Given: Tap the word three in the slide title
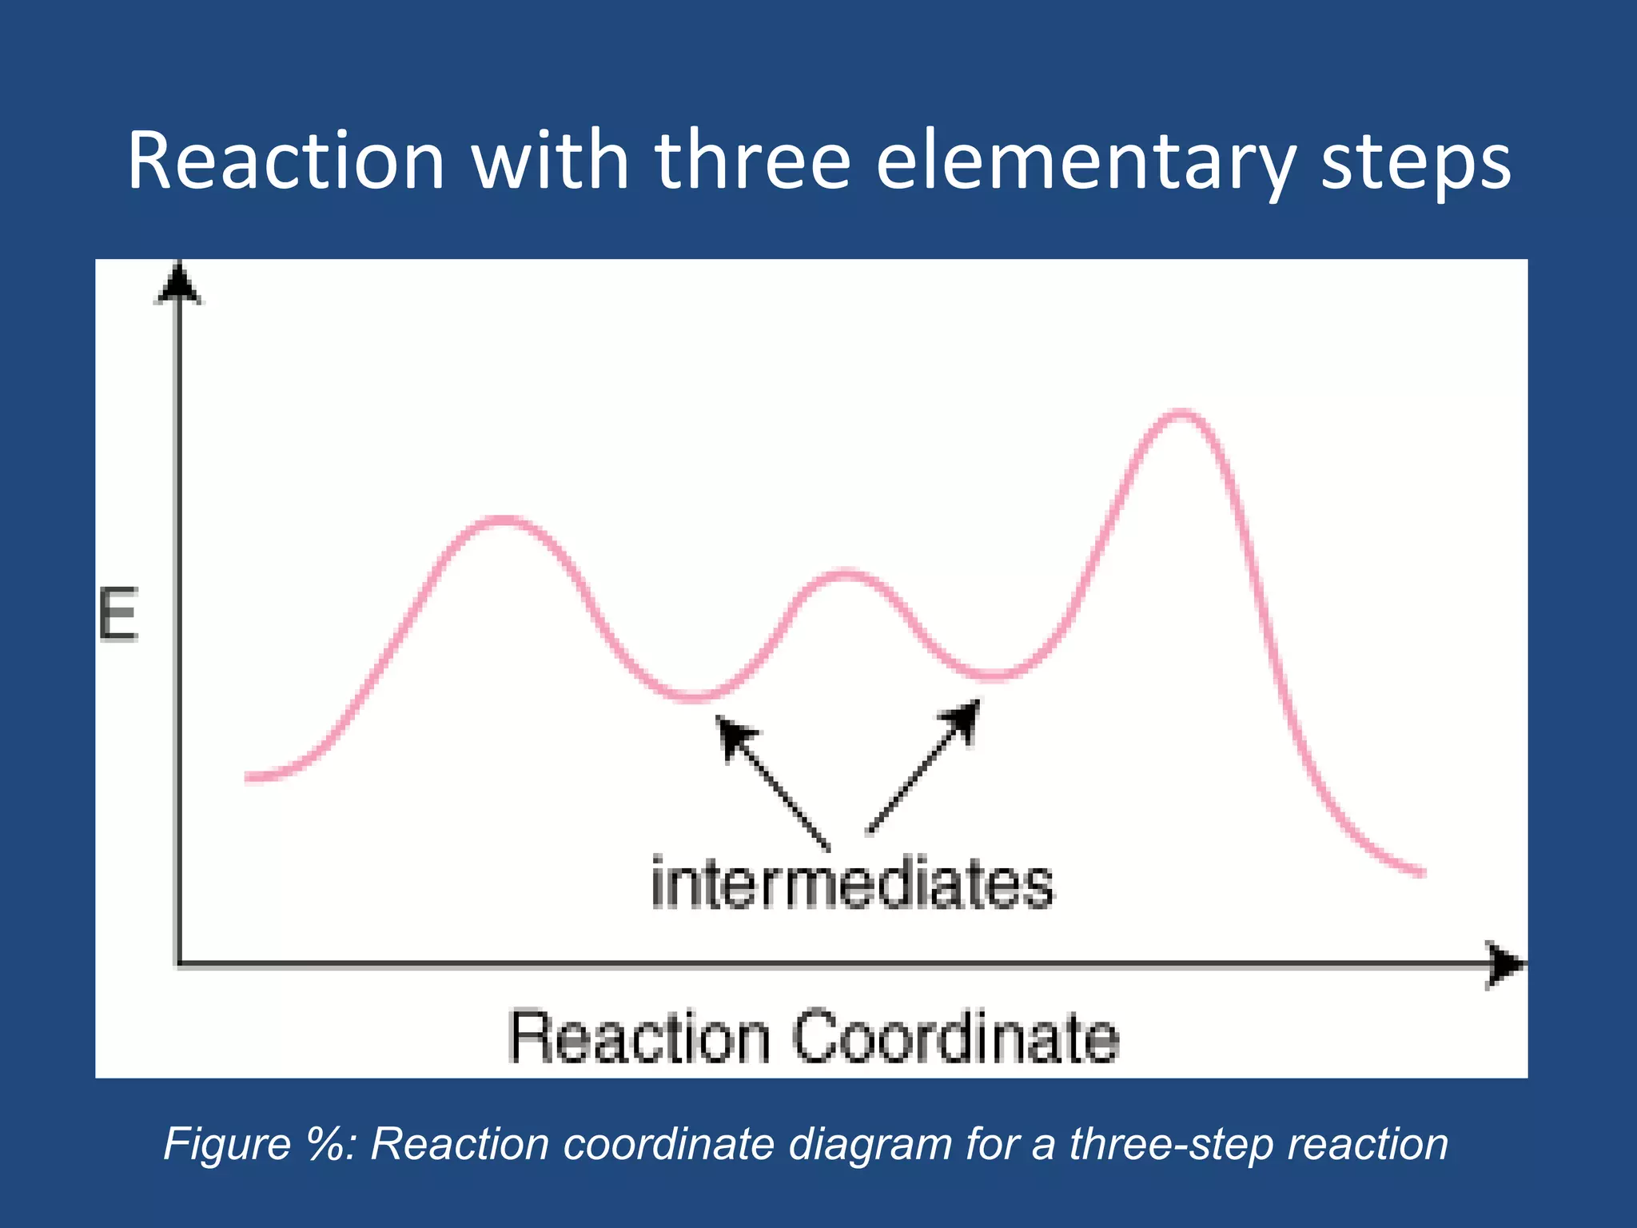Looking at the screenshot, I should point(752,161).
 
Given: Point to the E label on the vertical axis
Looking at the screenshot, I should point(118,614).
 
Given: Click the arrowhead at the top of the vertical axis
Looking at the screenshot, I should point(178,284).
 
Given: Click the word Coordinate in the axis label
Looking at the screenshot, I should point(955,1038).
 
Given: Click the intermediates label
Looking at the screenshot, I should point(852,884).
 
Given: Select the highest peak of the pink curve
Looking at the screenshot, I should point(1181,413).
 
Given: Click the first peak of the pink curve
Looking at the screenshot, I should point(502,521).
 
